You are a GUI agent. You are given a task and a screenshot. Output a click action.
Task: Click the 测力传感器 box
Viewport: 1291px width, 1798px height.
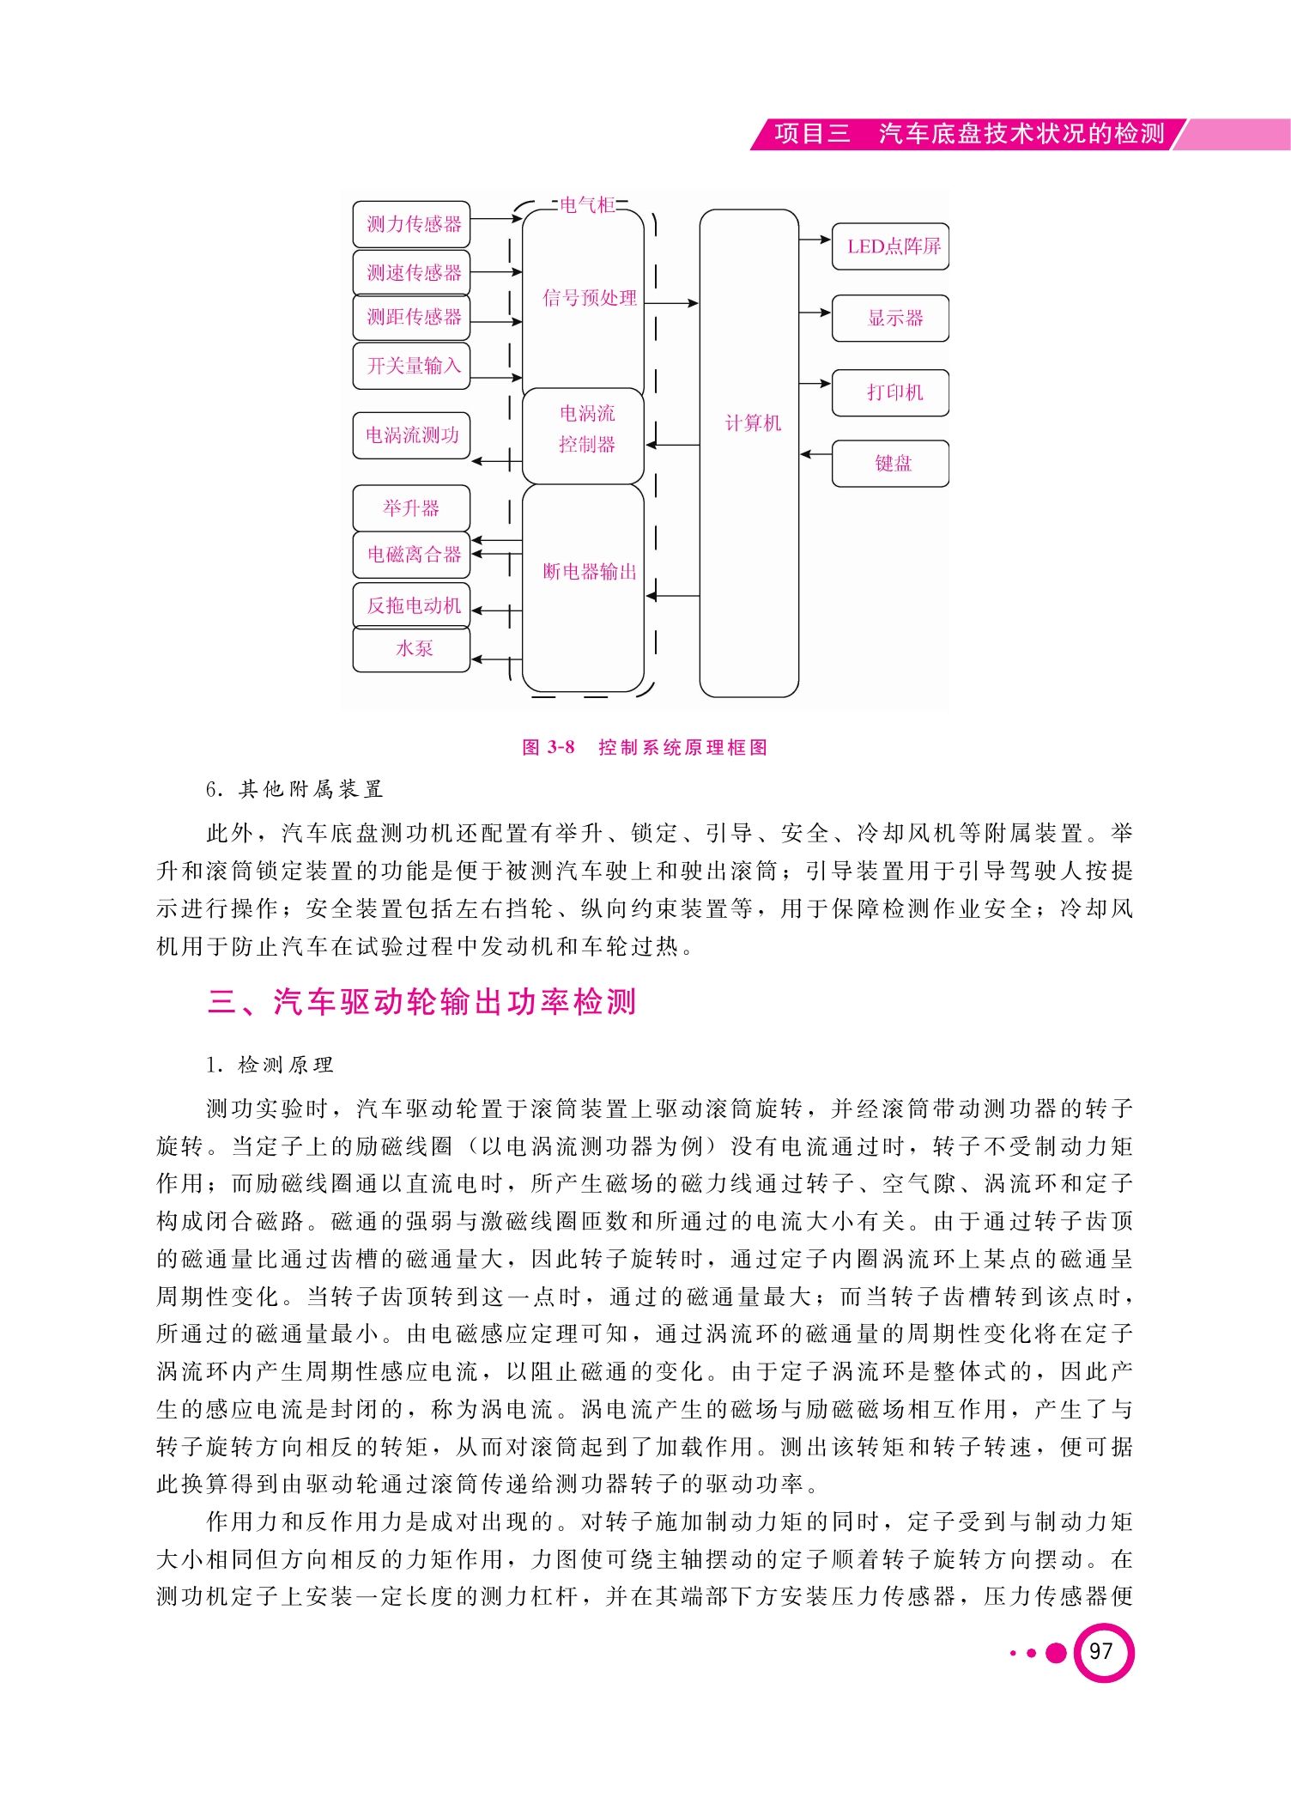click(412, 225)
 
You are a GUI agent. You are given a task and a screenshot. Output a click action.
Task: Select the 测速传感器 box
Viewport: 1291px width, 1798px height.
click(412, 273)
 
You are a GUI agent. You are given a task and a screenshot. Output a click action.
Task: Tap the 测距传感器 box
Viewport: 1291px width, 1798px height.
click(412, 318)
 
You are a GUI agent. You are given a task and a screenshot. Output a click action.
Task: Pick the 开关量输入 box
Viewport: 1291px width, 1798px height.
click(412, 366)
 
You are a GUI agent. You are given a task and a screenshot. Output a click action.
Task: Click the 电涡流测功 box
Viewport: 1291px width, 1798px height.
click(412, 435)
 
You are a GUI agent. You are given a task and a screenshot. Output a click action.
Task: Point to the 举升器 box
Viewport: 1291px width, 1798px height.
click(412, 508)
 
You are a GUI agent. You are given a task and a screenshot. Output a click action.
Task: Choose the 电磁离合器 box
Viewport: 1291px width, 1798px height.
click(412, 555)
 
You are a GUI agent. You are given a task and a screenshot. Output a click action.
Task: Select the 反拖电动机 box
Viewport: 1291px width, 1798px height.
click(412, 605)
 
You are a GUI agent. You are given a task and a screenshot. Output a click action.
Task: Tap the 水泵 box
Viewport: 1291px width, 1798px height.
click(412, 649)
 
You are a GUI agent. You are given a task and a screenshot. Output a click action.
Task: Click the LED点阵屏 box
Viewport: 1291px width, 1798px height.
click(891, 246)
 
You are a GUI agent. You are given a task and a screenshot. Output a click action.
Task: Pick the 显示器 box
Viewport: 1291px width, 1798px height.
click(891, 319)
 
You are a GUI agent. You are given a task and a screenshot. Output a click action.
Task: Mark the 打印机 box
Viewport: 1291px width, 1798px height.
click(891, 393)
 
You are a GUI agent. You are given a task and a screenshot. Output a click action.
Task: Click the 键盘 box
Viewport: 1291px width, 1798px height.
click(891, 464)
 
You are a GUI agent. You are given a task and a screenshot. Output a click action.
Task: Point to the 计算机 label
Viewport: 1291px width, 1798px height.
click(753, 423)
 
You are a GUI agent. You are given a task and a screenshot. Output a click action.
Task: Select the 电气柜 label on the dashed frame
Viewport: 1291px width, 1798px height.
click(588, 205)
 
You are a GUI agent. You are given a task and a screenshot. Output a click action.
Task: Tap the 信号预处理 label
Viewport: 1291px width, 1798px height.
click(590, 298)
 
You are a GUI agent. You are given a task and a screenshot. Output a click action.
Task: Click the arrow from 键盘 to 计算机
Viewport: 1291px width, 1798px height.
click(815, 453)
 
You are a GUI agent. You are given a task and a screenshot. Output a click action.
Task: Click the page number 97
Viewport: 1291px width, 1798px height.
click(1101, 1651)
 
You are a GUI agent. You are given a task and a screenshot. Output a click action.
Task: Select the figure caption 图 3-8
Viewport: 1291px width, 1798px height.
click(549, 747)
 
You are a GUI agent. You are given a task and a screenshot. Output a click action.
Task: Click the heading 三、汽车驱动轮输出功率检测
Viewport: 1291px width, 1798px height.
click(421, 1002)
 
